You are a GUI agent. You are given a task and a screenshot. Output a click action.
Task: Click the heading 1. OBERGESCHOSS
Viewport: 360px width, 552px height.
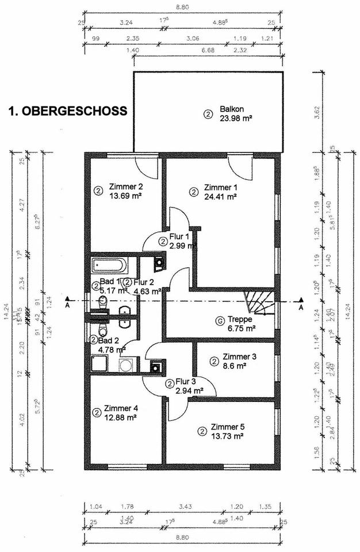(68, 112)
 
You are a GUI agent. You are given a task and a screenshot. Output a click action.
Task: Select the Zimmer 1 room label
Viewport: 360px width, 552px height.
(220, 187)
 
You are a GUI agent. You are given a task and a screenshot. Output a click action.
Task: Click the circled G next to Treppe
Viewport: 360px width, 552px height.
(219, 321)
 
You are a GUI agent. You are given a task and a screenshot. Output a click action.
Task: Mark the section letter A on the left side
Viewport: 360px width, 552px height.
(68, 307)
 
